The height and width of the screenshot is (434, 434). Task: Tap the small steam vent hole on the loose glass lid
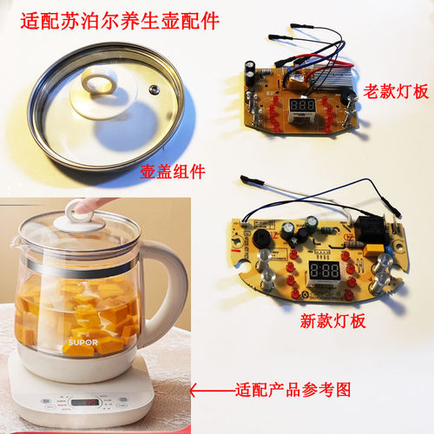tap(154, 89)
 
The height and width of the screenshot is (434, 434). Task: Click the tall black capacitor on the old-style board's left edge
tap(250, 71)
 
